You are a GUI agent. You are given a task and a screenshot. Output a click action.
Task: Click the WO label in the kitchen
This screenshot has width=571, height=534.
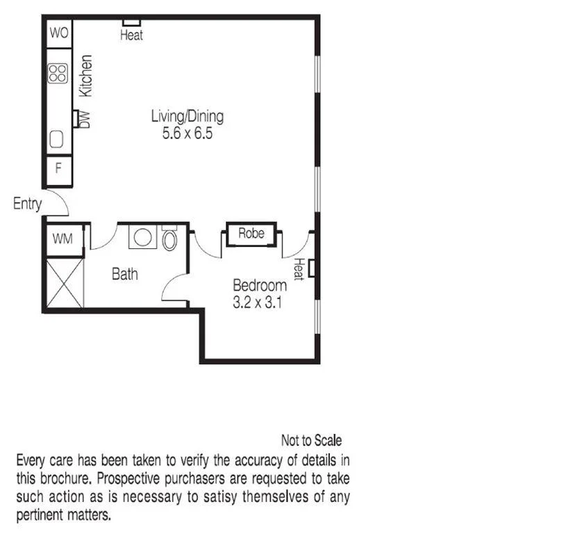[x=58, y=33]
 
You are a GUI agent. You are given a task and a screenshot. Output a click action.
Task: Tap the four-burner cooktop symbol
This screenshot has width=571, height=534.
[x=58, y=73]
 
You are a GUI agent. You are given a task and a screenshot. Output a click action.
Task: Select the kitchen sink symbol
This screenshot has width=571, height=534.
[x=57, y=140]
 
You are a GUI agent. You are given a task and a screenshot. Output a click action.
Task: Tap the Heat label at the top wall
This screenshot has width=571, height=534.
[x=131, y=35]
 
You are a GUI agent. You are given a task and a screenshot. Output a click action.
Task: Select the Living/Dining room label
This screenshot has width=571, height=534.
[x=187, y=116]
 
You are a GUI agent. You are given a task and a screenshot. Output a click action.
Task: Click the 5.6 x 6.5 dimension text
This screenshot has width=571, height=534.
[x=187, y=133]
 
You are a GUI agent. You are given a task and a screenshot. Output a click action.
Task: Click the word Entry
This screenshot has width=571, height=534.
[x=27, y=204]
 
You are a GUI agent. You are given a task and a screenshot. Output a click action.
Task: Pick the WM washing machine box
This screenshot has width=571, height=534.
[x=63, y=239]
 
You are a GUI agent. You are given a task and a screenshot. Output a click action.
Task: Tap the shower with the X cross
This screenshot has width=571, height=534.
[x=64, y=282]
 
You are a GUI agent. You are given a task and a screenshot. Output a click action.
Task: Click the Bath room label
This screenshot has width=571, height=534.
[x=125, y=274]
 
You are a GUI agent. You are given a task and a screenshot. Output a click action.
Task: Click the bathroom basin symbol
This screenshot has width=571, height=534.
[x=144, y=238]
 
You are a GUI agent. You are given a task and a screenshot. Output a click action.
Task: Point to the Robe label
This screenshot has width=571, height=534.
[x=251, y=234]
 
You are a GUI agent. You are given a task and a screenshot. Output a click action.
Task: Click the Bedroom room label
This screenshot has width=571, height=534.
[x=259, y=285]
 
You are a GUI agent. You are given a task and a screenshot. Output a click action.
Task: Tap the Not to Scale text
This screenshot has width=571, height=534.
[x=311, y=440]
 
